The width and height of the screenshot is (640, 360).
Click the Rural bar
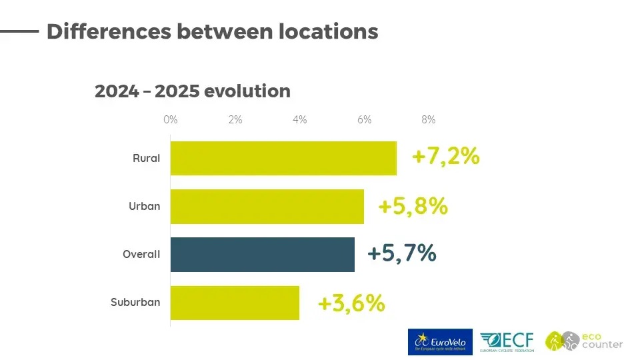[x=283, y=158]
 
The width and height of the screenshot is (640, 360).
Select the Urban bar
[x=267, y=207]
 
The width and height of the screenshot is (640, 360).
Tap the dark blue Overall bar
[x=262, y=255]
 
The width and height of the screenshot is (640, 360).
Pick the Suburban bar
[x=235, y=303]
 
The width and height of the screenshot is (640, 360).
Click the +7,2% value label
[x=445, y=157]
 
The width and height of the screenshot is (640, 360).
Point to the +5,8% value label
[x=412, y=206]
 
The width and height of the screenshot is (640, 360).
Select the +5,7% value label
[x=401, y=254]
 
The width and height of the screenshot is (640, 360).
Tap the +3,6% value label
[x=351, y=303]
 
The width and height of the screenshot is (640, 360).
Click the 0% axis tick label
[x=171, y=120]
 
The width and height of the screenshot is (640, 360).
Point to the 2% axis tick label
[x=235, y=120]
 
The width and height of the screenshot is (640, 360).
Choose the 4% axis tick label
[x=299, y=120]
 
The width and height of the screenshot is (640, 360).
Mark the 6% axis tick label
[x=364, y=120]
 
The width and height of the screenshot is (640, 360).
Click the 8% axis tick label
[x=429, y=120]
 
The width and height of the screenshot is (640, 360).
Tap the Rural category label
[x=146, y=159]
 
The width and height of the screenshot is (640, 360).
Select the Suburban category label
[x=135, y=303]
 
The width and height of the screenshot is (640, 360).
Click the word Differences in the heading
[x=108, y=31]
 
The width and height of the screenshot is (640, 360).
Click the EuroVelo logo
[x=440, y=342]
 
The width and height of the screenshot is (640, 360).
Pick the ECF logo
[x=507, y=342]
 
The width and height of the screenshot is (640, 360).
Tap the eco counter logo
[x=584, y=341]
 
